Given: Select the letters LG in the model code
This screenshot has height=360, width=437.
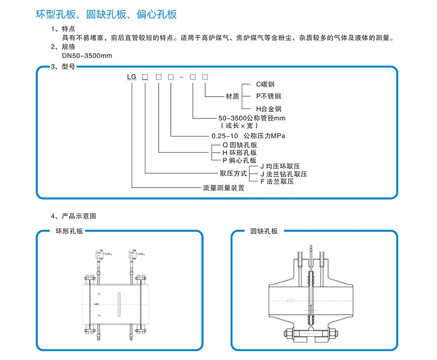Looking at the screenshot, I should [x=132, y=79].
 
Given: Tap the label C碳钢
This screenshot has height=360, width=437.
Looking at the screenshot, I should [x=264, y=85].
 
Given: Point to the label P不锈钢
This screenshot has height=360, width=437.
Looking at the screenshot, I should [x=267, y=96].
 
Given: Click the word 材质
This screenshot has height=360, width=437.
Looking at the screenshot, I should [x=232, y=96].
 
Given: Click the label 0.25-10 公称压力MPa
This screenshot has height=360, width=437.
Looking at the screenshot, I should [x=251, y=135].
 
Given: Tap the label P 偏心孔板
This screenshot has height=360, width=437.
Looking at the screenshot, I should [x=240, y=160].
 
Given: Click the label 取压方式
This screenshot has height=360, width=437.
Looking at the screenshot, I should [x=233, y=174].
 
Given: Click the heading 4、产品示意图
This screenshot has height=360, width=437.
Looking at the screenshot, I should [x=74, y=216].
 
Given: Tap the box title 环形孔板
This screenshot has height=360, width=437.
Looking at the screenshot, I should [x=69, y=231].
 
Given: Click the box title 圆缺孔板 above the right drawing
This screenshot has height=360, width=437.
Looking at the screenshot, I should [x=264, y=231].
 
